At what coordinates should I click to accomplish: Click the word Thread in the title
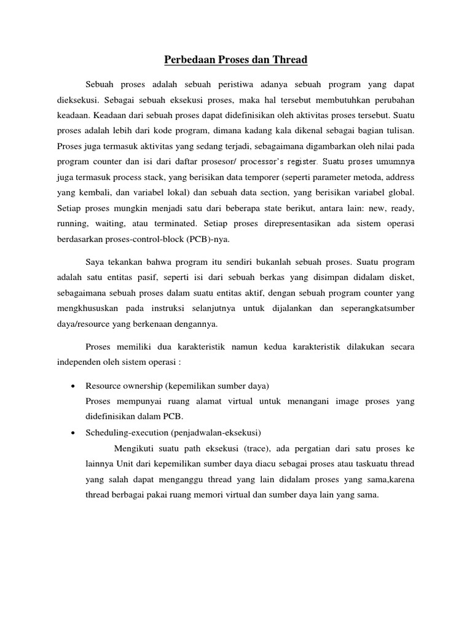[x=287, y=60]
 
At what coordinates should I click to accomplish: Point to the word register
[x=299, y=163]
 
